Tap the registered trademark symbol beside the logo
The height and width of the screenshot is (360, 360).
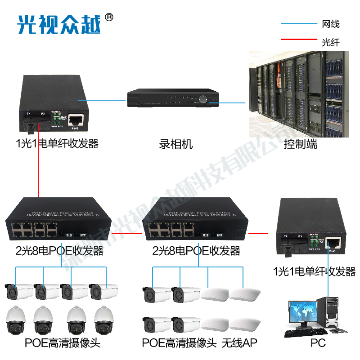click(x=109, y=18)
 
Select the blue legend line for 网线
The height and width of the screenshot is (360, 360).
click(x=299, y=24)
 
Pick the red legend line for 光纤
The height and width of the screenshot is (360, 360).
click(x=299, y=40)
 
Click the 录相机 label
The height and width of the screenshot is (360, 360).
click(x=176, y=144)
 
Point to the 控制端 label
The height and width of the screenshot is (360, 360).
click(x=300, y=144)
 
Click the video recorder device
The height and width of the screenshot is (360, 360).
click(x=173, y=98)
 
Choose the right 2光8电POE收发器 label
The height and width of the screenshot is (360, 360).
click(x=196, y=250)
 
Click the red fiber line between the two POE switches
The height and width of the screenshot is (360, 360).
click(x=131, y=234)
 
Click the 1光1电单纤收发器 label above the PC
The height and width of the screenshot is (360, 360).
click(x=314, y=271)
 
